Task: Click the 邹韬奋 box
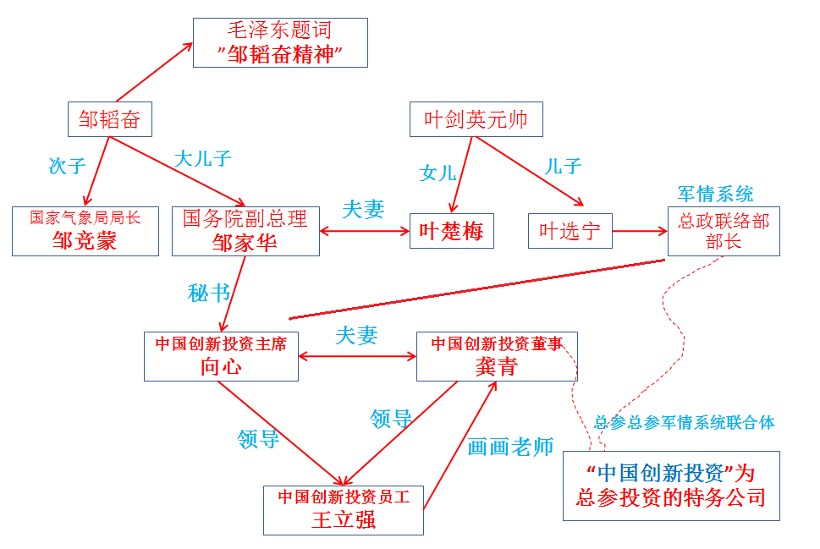[x=109, y=119]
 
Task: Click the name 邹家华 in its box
[x=245, y=242]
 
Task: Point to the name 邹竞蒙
[x=85, y=241]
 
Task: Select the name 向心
[x=221, y=366]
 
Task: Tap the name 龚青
[x=497, y=366]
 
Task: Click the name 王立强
[x=343, y=519]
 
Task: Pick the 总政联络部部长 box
[x=724, y=231]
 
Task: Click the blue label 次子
[x=67, y=165]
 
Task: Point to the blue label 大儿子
[x=203, y=158]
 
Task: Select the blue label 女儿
[x=438, y=173]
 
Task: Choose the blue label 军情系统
[x=715, y=194]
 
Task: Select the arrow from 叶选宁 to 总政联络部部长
[x=640, y=230]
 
